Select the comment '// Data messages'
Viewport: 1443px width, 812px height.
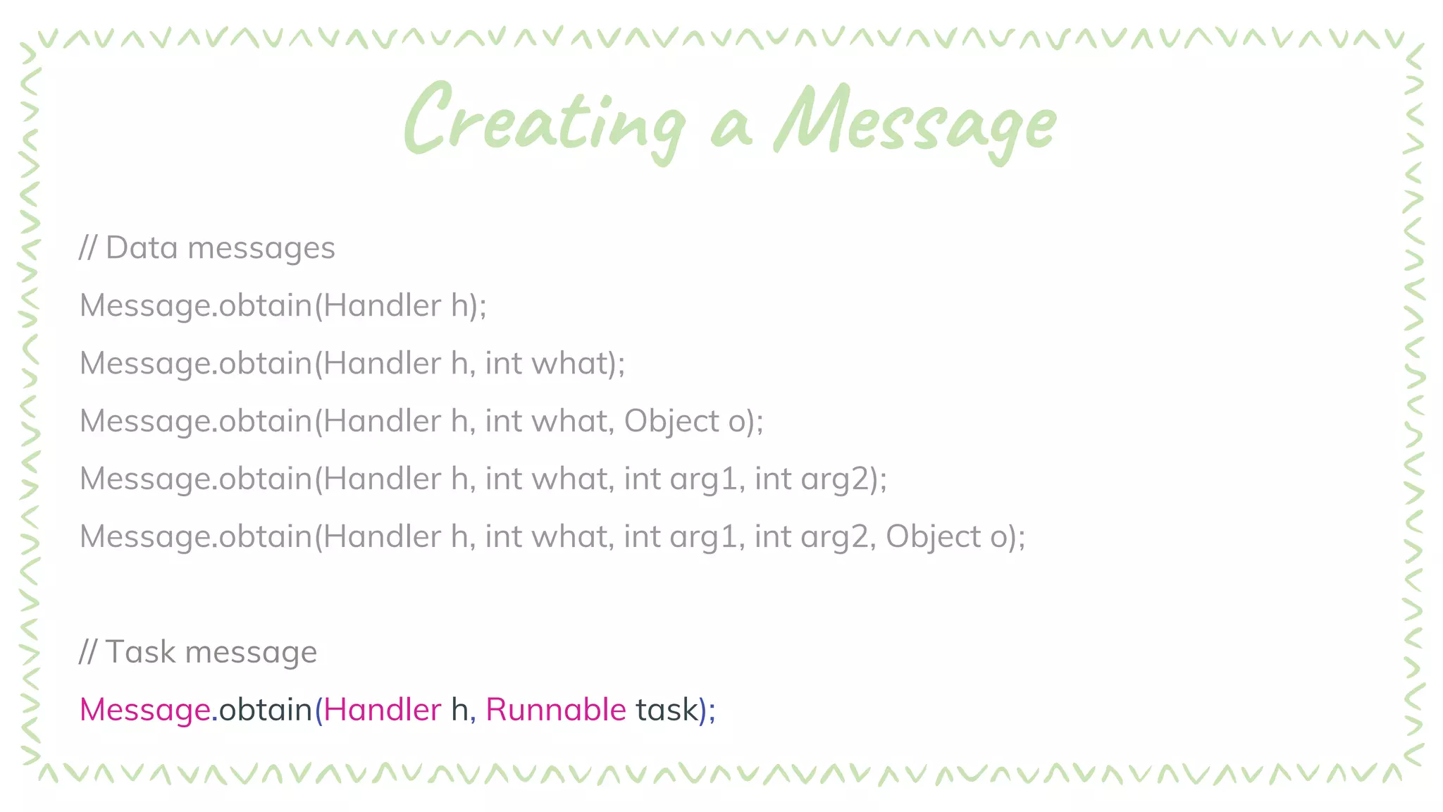pyautogui.click(x=207, y=248)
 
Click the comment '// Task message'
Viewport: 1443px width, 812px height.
pyautogui.click(x=198, y=652)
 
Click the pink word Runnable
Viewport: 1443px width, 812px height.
pyautogui.click(x=555, y=710)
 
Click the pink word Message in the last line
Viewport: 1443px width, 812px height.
pyautogui.click(x=144, y=710)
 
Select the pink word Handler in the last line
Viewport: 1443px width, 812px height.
pyautogui.click(x=382, y=710)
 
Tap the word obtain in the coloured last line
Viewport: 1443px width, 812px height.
pyautogui.click(x=266, y=710)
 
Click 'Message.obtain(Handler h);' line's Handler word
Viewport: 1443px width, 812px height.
pyautogui.click(x=382, y=306)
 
